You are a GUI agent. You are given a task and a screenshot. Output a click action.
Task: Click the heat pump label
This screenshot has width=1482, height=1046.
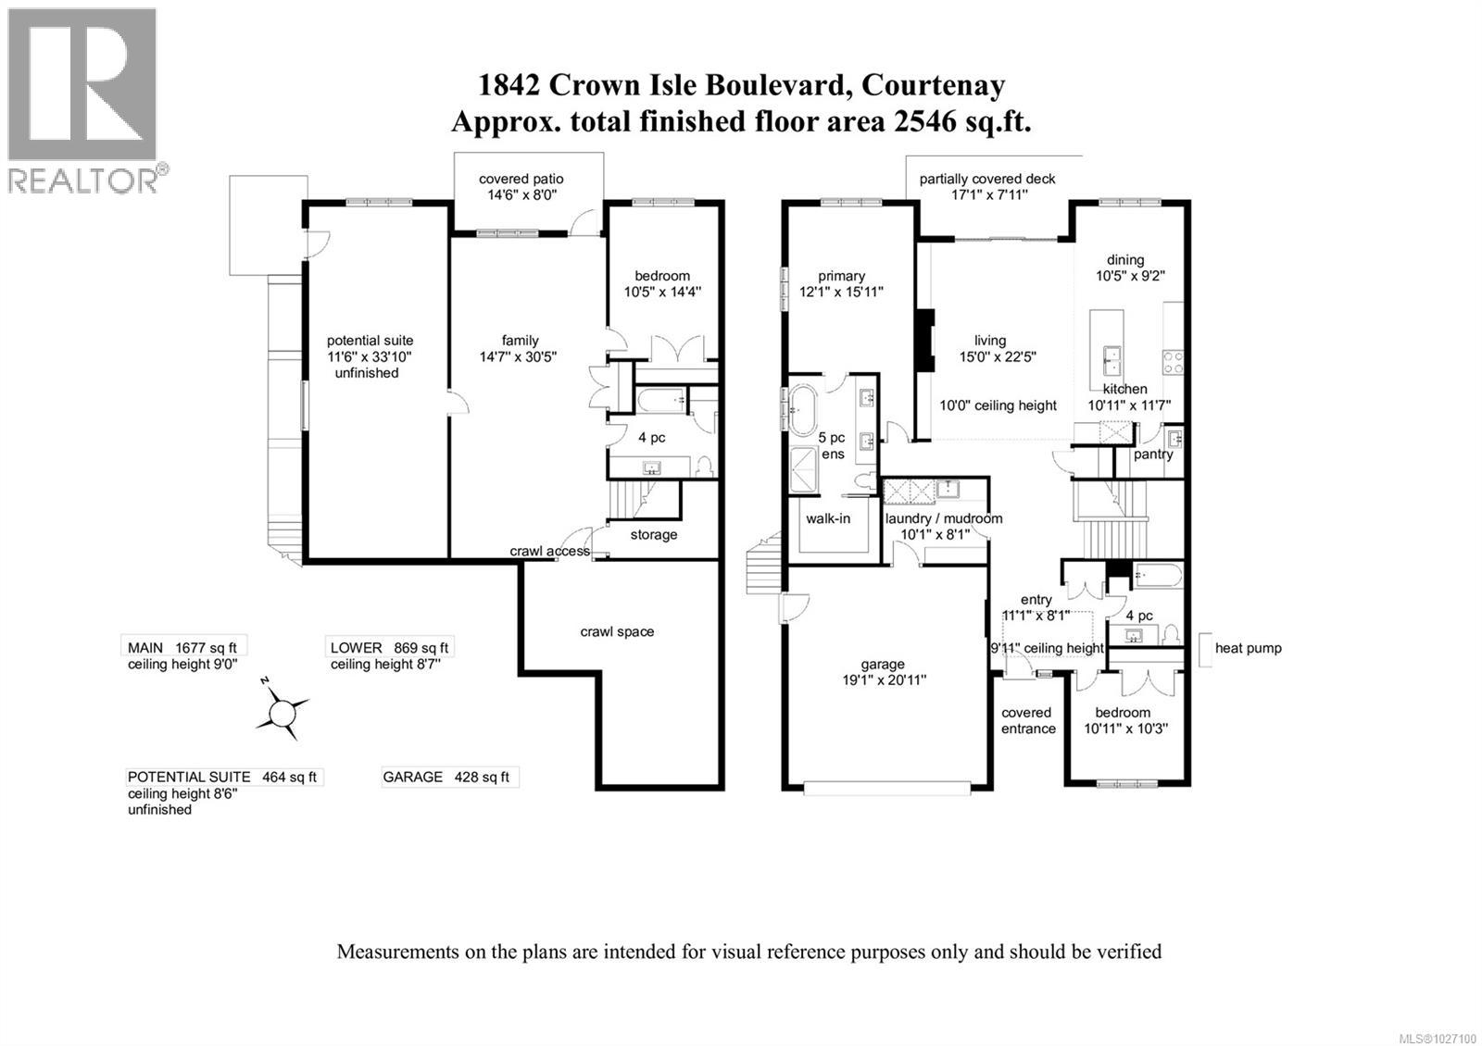[x=1248, y=648]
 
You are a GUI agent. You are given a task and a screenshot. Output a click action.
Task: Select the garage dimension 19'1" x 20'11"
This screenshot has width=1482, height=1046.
[x=882, y=679]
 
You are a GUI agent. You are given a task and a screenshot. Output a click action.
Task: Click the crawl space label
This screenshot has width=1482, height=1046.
[x=617, y=631]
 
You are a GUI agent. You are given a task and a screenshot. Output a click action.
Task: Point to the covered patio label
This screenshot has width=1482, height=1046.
[x=521, y=179]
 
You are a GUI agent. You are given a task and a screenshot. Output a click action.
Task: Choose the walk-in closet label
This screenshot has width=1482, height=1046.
[x=827, y=518]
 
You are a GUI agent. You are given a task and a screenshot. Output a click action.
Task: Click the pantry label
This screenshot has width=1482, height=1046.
[x=1153, y=454]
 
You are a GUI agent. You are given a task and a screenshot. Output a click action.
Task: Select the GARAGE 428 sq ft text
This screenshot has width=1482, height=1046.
[x=446, y=777]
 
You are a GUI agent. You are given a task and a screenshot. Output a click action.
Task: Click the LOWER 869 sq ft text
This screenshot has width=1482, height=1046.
[x=389, y=648]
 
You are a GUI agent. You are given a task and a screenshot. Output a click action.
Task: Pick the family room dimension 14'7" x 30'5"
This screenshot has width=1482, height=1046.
[x=518, y=356]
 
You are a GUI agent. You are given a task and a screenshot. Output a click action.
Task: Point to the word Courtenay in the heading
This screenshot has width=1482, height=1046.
[x=933, y=85]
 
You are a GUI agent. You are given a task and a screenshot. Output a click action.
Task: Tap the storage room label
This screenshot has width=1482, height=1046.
[x=654, y=534]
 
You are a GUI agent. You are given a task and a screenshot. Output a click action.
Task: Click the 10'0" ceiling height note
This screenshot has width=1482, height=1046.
[x=998, y=405]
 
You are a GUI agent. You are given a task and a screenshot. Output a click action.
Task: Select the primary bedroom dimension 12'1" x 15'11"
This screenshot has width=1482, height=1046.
[x=841, y=292]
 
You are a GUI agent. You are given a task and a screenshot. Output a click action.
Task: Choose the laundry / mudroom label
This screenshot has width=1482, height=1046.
[x=943, y=518]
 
